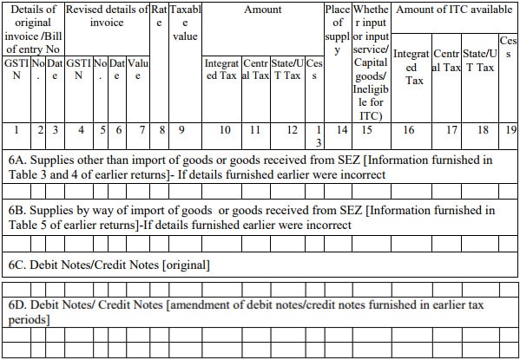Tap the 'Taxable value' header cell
pos(185,23)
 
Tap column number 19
pos(510,130)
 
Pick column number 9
pos(181,130)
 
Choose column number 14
pos(342,130)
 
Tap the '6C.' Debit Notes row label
pos(18,262)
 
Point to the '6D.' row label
pos(18,305)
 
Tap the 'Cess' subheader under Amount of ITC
pos(509,48)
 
